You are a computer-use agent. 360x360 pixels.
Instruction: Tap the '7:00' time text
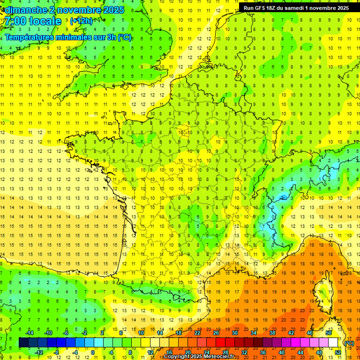15,21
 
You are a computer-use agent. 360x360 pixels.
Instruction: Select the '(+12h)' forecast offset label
81,21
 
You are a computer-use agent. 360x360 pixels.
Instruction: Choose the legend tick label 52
338,352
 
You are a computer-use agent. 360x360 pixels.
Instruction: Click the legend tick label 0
93,352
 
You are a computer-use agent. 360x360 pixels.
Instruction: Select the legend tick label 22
197,333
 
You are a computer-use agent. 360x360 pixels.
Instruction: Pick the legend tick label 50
329,333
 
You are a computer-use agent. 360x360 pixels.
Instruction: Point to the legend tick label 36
263,352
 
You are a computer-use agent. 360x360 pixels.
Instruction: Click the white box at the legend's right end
333,343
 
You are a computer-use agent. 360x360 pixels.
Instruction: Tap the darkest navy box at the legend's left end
23,343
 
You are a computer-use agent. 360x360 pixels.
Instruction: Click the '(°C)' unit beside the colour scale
349,343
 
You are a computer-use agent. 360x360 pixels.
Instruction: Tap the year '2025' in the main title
113,10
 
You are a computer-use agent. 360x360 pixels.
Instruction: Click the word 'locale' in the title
45,21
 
